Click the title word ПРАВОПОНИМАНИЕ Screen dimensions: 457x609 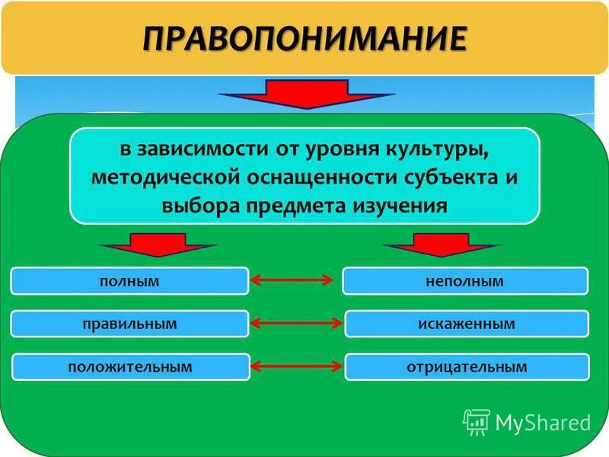pos(304,37)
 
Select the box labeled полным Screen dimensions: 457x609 pos(129,281)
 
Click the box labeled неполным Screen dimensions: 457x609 pos(465,281)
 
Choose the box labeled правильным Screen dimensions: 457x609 pos(129,324)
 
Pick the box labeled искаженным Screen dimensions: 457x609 pos(467,324)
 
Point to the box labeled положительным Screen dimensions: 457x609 pos(130,367)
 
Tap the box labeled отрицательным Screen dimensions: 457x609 pos(467,367)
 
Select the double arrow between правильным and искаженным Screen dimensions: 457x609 pos(296,324)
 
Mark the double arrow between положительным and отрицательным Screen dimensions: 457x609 pos(296,367)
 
